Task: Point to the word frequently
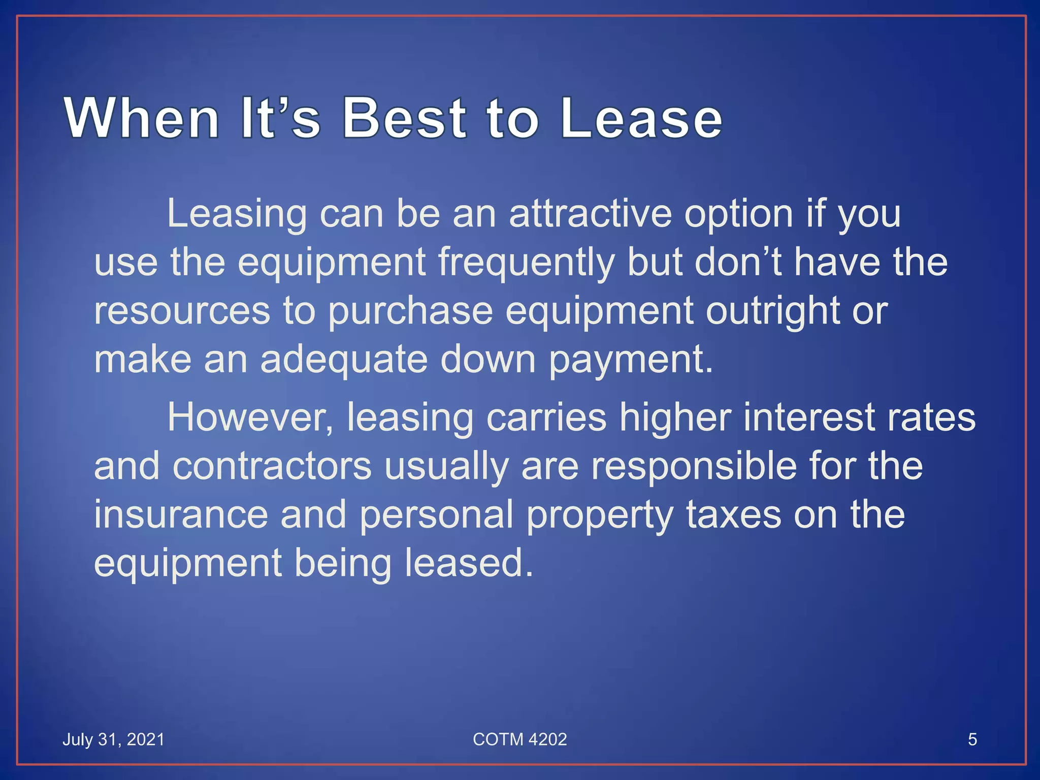click(526, 263)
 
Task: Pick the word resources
click(182, 312)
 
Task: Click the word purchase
click(410, 312)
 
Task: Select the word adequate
click(344, 360)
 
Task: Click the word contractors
click(272, 466)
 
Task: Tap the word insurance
click(181, 515)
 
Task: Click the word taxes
click(733, 515)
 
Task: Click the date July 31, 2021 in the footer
click(113, 739)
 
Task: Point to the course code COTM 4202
click(519, 739)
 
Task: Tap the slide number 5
click(972, 739)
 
